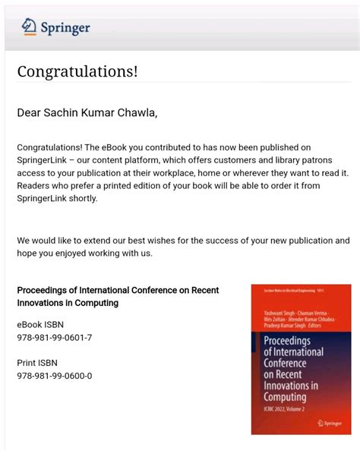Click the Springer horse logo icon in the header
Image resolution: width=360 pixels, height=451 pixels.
click(29, 27)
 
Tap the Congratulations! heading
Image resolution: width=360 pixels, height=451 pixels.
click(77, 72)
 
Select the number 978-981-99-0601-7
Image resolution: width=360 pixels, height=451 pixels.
click(55, 337)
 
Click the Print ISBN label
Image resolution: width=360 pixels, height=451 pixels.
click(37, 363)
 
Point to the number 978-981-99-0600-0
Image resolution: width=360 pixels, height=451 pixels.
click(55, 376)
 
